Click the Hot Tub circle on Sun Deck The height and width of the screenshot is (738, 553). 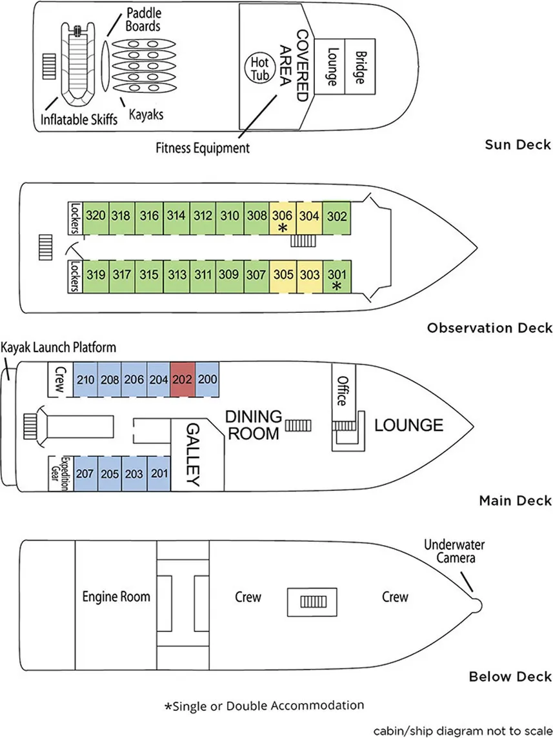point(259,66)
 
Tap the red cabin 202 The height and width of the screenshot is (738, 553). point(182,381)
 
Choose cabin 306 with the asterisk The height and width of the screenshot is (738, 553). point(282,219)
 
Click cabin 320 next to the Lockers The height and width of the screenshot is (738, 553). point(96,216)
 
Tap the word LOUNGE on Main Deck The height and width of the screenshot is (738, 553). point(408,426)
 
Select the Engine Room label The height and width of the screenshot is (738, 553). point(116,596)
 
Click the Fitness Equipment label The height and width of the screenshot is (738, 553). point(203,148)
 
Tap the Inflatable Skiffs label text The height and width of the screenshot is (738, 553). point(79,120)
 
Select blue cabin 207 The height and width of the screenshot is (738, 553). point(85,474)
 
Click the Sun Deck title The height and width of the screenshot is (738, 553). point(518,144)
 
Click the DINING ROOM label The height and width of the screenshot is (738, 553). point(253,424)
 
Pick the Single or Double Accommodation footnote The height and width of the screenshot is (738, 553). point(264,705)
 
